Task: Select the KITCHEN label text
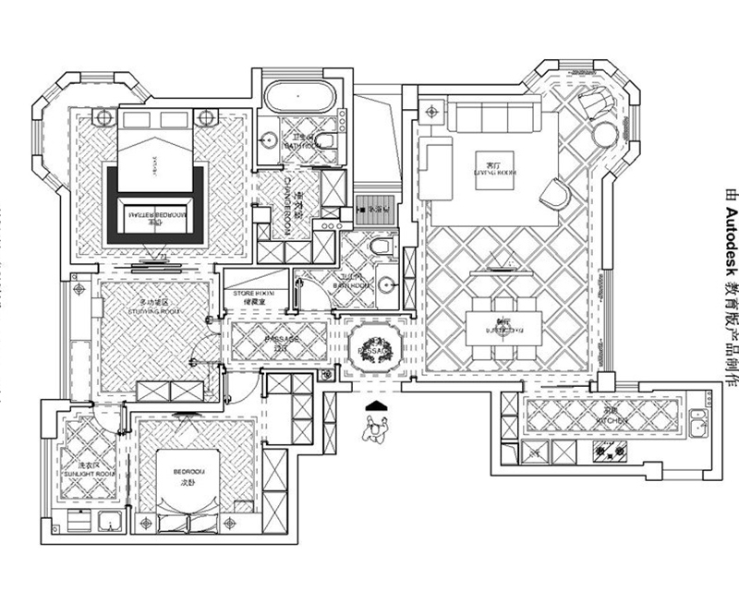tap(611, 420)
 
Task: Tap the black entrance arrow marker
tap(375, 404)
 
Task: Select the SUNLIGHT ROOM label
tap(90, 473)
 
